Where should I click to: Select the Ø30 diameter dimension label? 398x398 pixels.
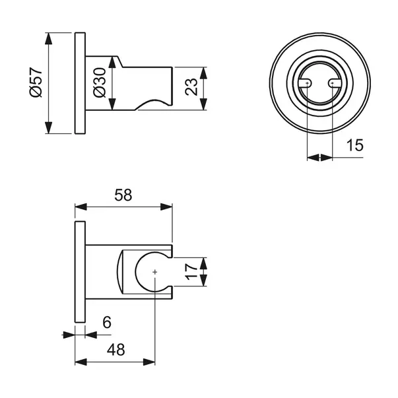[99, 83]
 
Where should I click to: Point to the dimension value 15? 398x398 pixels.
[354, 145]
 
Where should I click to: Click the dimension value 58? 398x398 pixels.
[123, 195]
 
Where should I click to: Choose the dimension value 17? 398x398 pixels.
[191, 272]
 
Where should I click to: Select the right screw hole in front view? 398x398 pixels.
[331, 83]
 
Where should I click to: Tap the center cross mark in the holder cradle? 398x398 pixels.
[154, 272]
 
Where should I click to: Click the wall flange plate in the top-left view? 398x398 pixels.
[80, 83]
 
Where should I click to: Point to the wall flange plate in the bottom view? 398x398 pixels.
[80, 272]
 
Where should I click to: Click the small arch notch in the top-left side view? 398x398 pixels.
[151, 106]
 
